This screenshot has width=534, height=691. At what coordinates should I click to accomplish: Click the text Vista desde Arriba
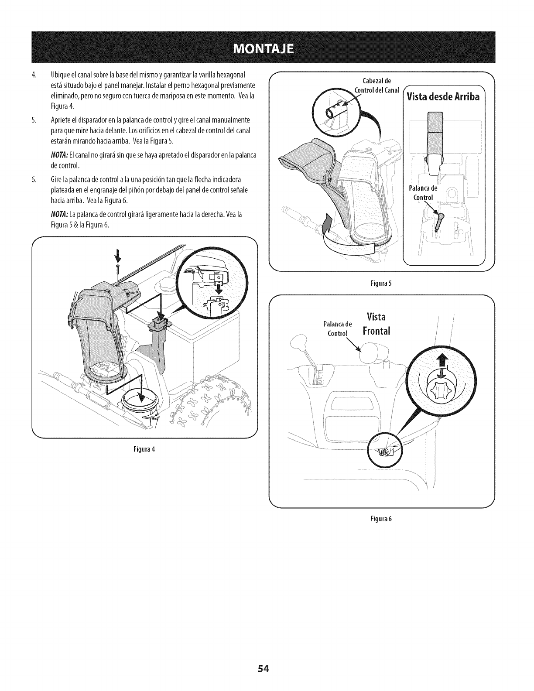443,97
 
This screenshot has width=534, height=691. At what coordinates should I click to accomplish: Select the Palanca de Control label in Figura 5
422,193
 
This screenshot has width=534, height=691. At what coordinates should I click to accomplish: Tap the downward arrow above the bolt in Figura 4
117,254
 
